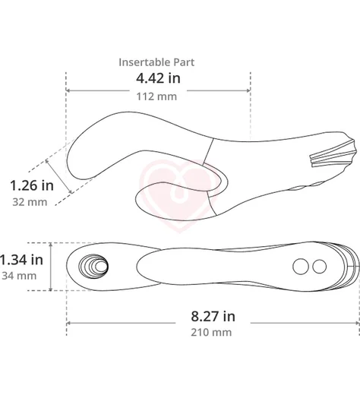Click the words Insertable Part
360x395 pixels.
pos(156,62)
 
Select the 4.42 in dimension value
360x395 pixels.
pos(158,78)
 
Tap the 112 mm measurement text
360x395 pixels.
pos(156,96)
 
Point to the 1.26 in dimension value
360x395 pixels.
pos(32,185)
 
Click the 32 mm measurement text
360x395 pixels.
pos(30,202)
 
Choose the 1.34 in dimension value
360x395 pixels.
pos(21,260)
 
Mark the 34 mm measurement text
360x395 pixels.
pos(19,276)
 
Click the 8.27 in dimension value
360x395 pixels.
pos(213,316)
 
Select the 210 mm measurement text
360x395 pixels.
pos(211,332)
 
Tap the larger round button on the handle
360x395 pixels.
pos(301,267)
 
